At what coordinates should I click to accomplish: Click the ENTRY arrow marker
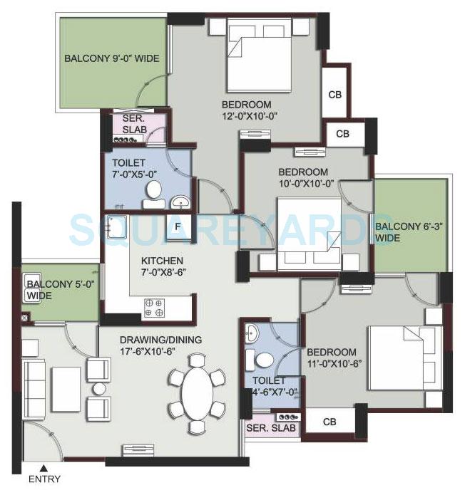click(44, 468)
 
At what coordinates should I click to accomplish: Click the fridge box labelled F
click(177, 226)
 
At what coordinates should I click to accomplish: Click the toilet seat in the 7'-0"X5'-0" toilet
click(153, 193)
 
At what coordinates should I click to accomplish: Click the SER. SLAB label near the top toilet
click(135, 123)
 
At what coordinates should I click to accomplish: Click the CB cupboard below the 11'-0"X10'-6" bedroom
click(329, 422)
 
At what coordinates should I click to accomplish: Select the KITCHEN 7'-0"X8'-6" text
click(162, 266)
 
